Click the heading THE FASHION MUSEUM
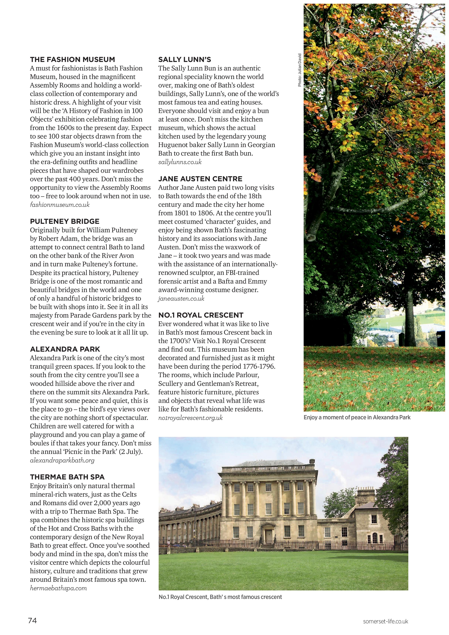click(x=72, y=59)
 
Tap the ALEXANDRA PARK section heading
click(x=65, y=349)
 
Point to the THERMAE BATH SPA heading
click(x=67, y=477)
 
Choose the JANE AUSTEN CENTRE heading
click(x=200, y=179)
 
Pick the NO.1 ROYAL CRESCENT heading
click(x=201, y=315)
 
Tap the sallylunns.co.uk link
click(x=180, y=162)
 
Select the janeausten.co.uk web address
click(x=181, y=298)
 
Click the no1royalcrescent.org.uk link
click(x=190, y=418)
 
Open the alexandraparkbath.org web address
click(x=62, y=460)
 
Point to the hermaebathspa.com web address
click(x=58, y=588)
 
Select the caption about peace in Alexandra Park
click(x=357, y=417)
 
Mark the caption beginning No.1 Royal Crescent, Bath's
click(x=220, y=597)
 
